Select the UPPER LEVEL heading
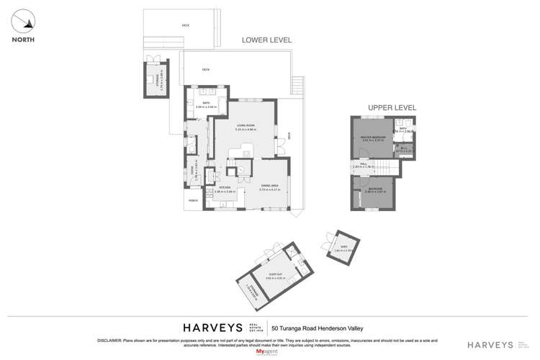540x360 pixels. point(392,107)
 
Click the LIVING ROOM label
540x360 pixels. point(246,125)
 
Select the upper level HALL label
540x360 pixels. point(364,164)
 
